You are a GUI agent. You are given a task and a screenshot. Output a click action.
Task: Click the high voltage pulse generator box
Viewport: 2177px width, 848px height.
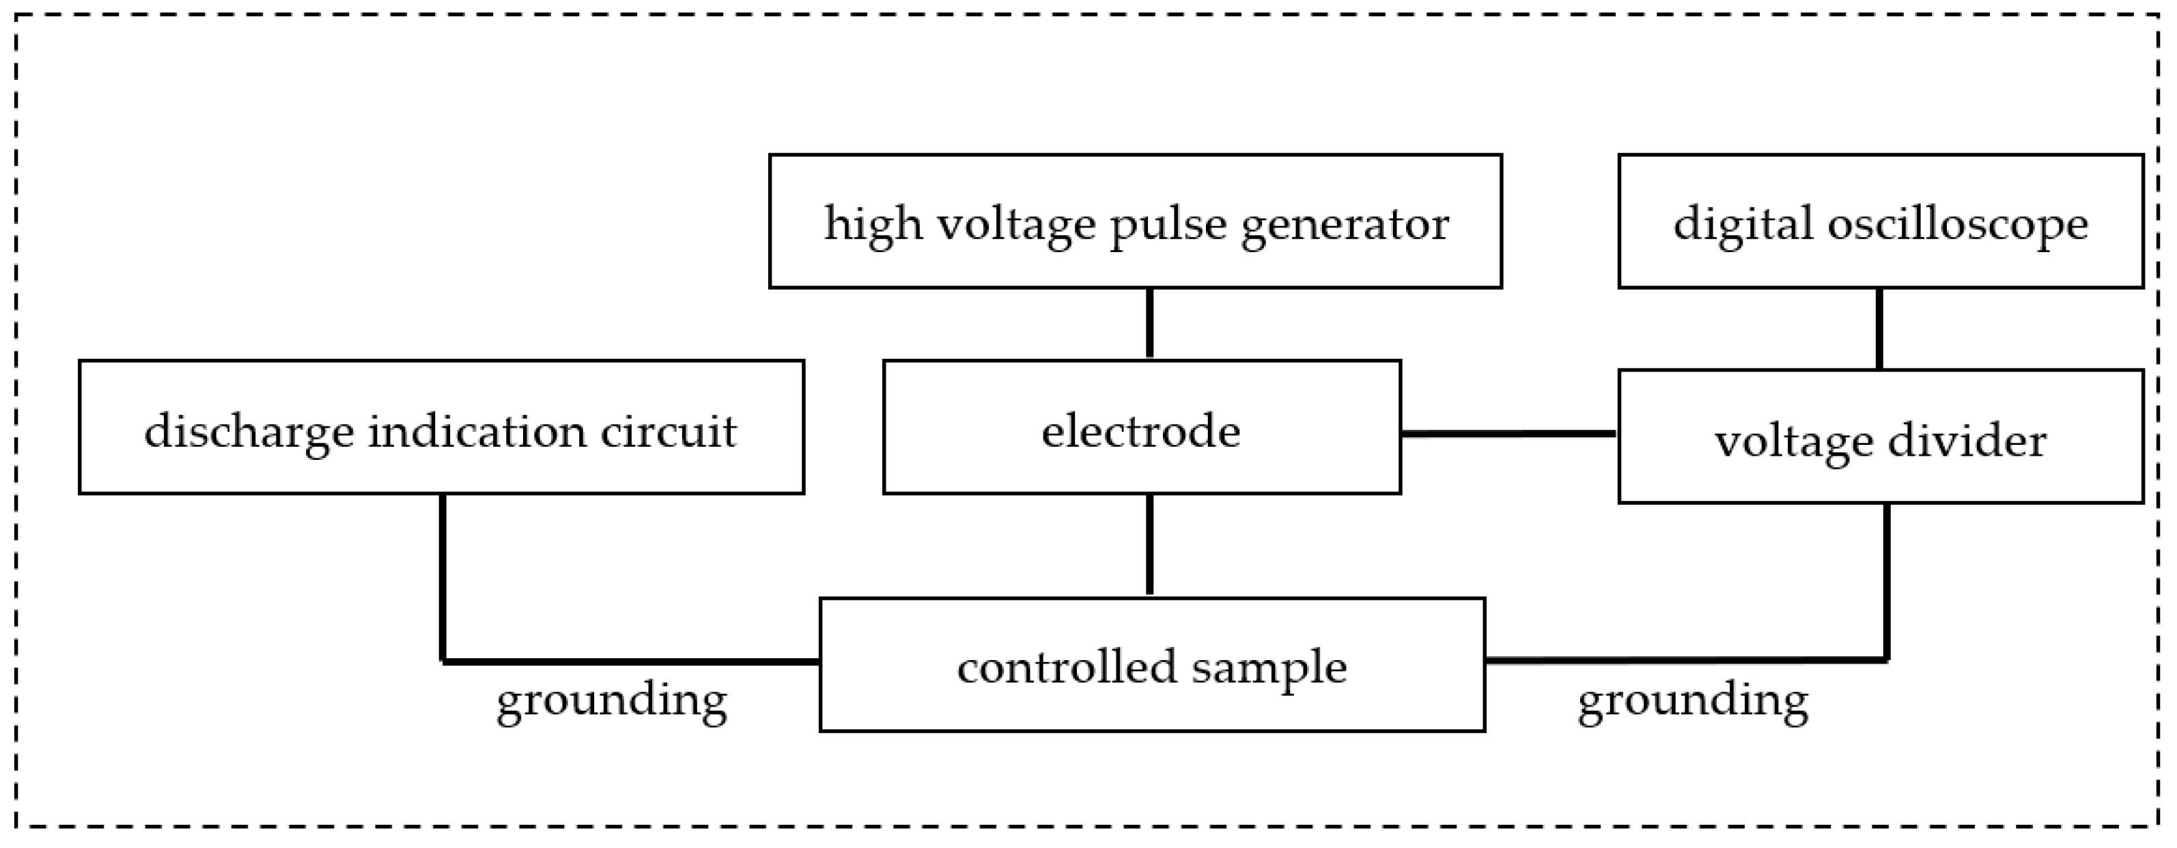1135,221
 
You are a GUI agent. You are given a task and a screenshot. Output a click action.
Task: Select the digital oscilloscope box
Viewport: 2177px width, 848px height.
1881,221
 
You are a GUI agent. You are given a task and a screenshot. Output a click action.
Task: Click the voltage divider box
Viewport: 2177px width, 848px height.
1881,437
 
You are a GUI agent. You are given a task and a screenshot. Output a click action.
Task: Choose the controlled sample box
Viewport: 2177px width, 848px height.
1152,666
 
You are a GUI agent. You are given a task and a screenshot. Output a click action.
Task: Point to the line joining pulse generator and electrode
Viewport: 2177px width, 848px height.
1149,324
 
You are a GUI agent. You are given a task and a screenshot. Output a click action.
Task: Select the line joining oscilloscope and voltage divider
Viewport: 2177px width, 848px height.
1879,329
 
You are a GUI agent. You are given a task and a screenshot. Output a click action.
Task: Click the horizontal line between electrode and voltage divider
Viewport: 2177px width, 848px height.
1509,434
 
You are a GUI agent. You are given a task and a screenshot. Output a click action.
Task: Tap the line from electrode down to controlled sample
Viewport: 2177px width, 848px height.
1149,545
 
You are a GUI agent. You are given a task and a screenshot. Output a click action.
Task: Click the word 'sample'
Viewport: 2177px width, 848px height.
1269,668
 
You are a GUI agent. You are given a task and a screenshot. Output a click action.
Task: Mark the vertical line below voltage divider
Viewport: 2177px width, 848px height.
1886,582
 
